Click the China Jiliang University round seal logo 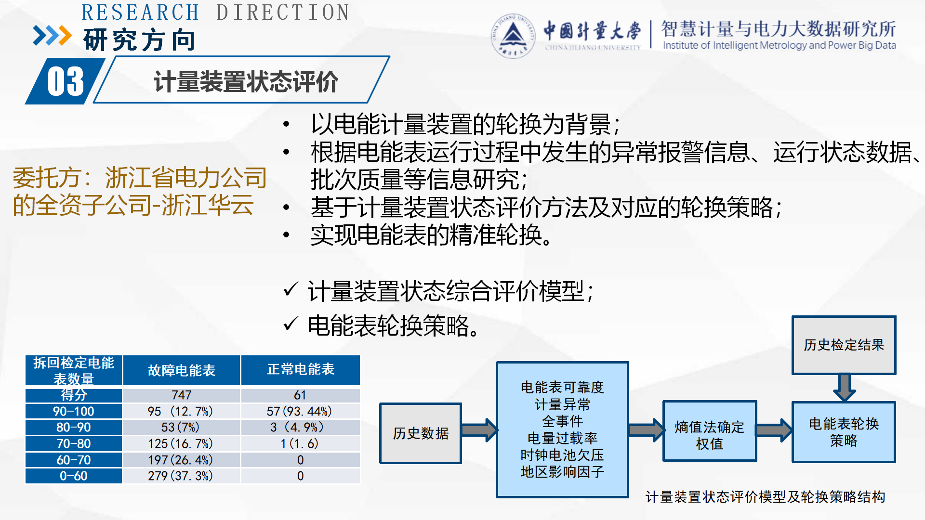tap(513, 36)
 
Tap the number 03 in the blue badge tap(66, 81)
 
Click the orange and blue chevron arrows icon tap(52, 36)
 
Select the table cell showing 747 tap(182, 395)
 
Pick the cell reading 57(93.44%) tap(300, 412)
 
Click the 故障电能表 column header tap(182, 370)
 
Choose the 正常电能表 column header tap(301, 370)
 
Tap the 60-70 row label tap(74, 460)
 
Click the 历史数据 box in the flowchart tap(421, 433)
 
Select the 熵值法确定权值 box tap(709, 431)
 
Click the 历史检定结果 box tap(844, 345)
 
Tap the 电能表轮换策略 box tap(844, 432)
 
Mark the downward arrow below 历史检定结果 tap(845, 388)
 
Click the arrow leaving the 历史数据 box tap(479, 430)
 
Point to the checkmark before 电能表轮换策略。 tap(291, 325)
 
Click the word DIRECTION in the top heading tap(283, 13)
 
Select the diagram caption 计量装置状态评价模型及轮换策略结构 tap(765, 497)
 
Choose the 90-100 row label tap(74, 412)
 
